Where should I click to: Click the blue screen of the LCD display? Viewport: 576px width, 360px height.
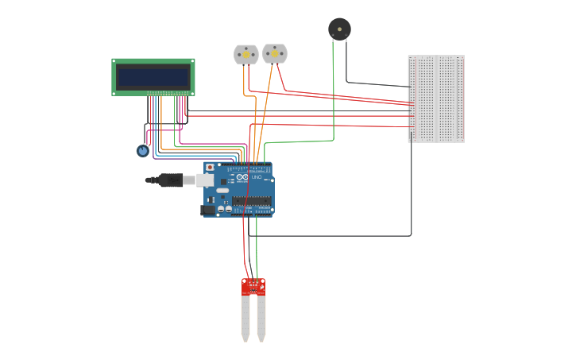(x=153, y=77)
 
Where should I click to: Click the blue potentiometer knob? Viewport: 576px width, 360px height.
(x=142, y=150)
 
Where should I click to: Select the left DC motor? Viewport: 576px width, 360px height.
(x=245, y=54)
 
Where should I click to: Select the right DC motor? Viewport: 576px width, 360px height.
(x=275, y=53)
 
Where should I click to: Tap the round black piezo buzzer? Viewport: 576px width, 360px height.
(x=339, y=29)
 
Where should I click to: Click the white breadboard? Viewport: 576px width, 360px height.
(x=436, y=99)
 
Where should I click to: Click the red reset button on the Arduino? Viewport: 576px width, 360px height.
(x=210, y=168)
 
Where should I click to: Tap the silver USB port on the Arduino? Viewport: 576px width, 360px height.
(x=205, y=180)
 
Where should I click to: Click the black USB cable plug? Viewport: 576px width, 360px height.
(x=170, y=180)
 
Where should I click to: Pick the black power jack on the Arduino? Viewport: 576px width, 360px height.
(x=208, y=210)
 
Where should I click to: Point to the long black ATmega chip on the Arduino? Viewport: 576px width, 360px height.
(x=252, y=202)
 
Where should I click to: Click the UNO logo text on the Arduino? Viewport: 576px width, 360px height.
(x=256, y=177)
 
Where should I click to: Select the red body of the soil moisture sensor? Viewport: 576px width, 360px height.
(x=253, y=287)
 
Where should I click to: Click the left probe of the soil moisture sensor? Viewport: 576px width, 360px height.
(x=245, y=317)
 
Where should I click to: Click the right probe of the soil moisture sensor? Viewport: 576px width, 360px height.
(x=261, y=317)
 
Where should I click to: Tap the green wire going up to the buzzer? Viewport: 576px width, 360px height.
(x=333, y=95)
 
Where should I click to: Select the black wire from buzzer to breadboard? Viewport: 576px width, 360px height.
(x=373, y=83)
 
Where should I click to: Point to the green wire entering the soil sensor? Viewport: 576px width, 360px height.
(x=257, y=254)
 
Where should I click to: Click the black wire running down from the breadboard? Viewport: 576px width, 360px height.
(x=411, y=191)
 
